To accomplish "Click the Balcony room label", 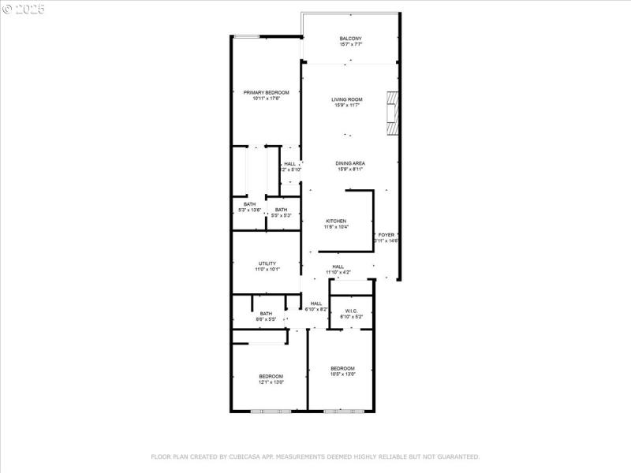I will [350, 39].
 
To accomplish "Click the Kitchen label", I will [337, 221].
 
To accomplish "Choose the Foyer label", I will [386, 235].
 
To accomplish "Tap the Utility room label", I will [267, 263].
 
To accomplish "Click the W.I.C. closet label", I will [349, 311].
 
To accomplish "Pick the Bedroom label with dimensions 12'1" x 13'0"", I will [271, 376].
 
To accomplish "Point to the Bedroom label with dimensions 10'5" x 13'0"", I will [342, 368].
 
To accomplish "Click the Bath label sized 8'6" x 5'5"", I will [266, 314].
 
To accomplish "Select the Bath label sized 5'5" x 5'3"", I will [282, 210].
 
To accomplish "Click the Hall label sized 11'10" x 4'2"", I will [338, 266].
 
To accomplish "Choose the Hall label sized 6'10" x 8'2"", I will [315, 304].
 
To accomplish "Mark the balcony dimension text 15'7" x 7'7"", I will [350, 45].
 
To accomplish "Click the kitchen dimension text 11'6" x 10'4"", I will [337, 227].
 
